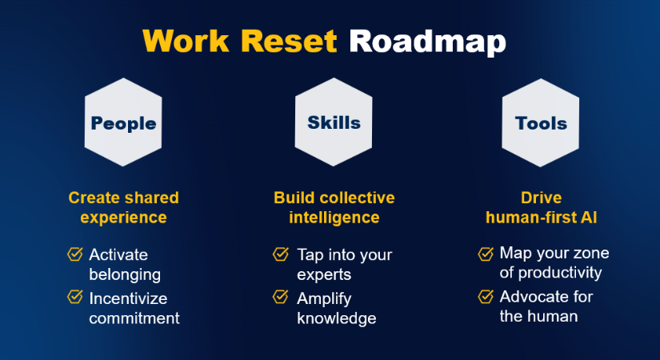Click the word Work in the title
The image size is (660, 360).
coord(186,41)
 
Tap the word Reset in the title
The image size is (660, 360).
coord(289,41)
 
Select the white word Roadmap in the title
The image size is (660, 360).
coord(427,42)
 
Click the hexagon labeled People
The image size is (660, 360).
coord(123,122)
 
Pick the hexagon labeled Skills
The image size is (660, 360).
coord(334,122)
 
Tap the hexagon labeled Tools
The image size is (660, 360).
coord(541,122)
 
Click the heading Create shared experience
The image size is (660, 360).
coord(124,207)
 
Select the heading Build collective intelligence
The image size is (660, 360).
coord(334,207)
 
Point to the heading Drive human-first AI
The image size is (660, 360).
coord(542,207)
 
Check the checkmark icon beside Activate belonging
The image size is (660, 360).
coord(75,254)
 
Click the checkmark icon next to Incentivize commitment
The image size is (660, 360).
coord(75,297)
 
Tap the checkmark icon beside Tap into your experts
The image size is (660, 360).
coord(281,254)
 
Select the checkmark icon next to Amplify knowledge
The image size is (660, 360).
coord(281,297)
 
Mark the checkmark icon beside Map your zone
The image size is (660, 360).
coord(486,254)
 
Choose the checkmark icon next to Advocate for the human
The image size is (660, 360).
coord(486,296)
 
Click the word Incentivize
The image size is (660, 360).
coord(128,298)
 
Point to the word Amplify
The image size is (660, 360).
coord(324,299)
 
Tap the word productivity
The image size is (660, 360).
coord(560,274)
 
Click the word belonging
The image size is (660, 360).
coord(125,275)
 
